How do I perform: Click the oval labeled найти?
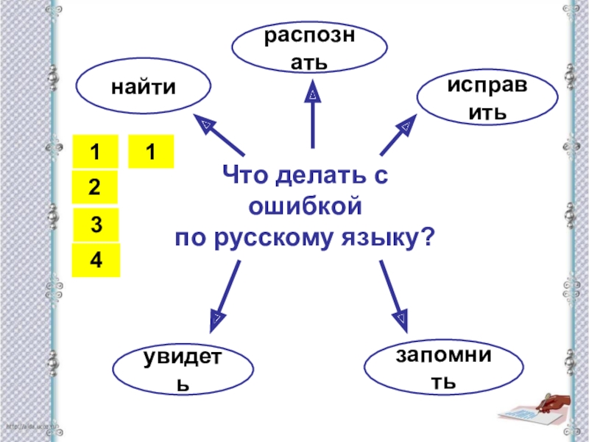click(143, 88)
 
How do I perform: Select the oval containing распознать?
click(309, 49)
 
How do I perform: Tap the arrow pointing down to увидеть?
click(225, 295)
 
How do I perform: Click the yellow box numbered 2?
click(94, 187)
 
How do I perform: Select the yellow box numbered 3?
click(96, 223)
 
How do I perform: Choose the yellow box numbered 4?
click(96, 261)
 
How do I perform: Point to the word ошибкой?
click(306, 208)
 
